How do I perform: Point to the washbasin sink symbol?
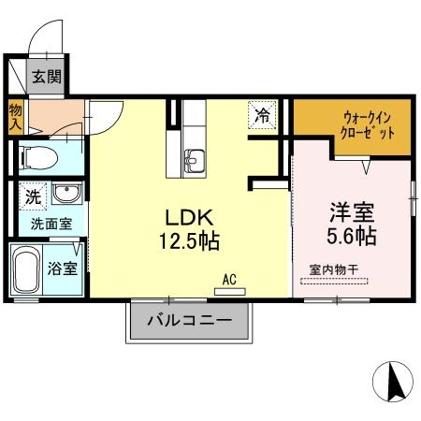click(x=65, y=195)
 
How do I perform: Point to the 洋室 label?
click(x=351, y=210)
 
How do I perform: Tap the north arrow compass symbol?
click(x=394, y=383)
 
